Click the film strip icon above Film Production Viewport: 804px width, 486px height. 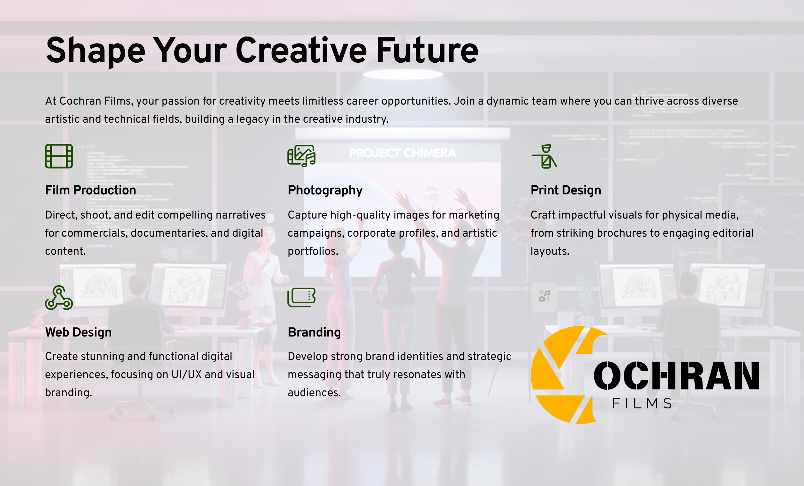point(59,156)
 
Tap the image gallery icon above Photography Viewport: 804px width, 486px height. point(301,156)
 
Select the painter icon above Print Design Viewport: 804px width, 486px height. point(545,156)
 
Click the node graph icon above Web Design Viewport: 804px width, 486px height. point(59,298)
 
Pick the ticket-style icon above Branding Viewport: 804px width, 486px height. point(301,298)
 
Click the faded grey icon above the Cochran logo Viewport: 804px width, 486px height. point(544,297)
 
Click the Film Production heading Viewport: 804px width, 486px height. point(90,190)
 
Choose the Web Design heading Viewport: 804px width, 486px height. point(78,332)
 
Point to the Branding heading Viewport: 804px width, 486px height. point(314,332)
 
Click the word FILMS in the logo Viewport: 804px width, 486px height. point(642,403)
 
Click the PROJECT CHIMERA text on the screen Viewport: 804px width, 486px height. point(402,153)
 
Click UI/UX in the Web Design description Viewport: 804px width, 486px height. point(186,375)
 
